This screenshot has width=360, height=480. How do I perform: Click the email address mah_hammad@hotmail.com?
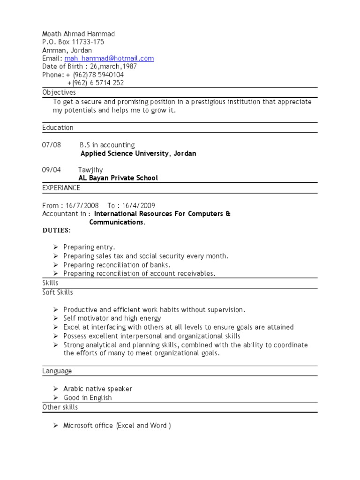click(x=109, y=59)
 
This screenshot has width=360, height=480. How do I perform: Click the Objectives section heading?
click(x=59, y=92)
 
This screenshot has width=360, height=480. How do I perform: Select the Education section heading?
click(x=58, y=127)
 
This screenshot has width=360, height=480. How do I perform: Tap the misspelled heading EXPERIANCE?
click(x=61, y=188)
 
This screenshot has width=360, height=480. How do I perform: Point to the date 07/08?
click(x=52, y=145)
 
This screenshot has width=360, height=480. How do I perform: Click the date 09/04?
click(x=52, y=170)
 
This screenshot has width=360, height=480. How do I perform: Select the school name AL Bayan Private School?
click(x=118, y=178)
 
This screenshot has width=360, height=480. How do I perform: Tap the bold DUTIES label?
click(x=56, y=231)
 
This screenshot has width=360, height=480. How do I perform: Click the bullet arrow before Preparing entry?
click(x=55, y=247)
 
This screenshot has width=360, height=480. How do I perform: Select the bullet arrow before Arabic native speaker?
click(x=55, y=389)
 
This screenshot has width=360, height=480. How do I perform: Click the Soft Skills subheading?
click(x=58, y=292)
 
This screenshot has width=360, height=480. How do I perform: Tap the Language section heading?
click(x=57, y=371)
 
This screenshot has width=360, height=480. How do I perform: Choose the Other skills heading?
click(x=60, y=407)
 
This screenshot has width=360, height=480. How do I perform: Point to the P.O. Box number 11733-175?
click(x=88, y=42)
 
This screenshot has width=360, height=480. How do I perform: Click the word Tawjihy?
click(x=90, y=170)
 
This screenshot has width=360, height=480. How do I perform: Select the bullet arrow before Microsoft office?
click(x=55, y=425)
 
